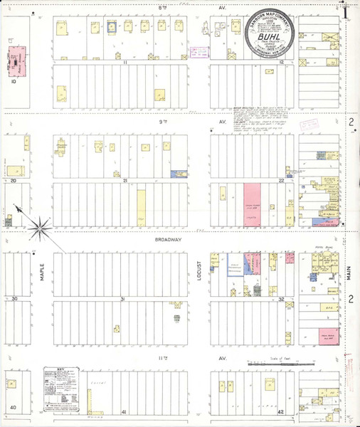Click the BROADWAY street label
click(x=169, y=241)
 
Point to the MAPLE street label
click(x=42, y=271)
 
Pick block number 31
click(x=122, y=300)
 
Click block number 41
click(x=123, y=412)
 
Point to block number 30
click(x=14, y=300)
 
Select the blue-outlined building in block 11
click(x=112, y=27)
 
